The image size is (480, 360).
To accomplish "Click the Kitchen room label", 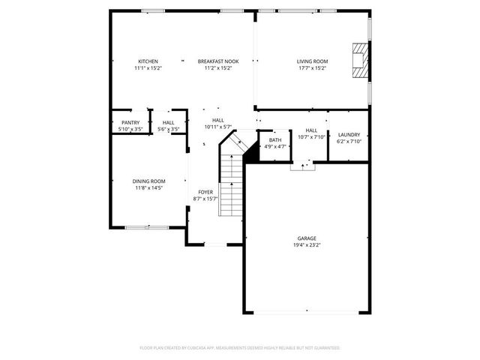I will pos(148,61).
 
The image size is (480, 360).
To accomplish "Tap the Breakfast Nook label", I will pos(218,61).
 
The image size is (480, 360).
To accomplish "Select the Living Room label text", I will pos(312,61).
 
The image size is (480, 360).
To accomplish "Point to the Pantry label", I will pos(130,122).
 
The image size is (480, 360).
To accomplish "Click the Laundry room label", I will pos(349,134).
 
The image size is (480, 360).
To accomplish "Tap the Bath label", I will pos(275,139).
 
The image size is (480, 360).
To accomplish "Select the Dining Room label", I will pos(149,181).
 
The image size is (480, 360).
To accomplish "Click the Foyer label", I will pos(205,192).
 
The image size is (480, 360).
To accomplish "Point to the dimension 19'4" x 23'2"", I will pos(307,246).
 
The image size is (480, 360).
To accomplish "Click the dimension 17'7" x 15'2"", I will pos(312,68).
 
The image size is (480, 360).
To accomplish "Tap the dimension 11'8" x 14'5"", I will pos(149,188).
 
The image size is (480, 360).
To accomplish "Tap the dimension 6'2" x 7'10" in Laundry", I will pos(349,141).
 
